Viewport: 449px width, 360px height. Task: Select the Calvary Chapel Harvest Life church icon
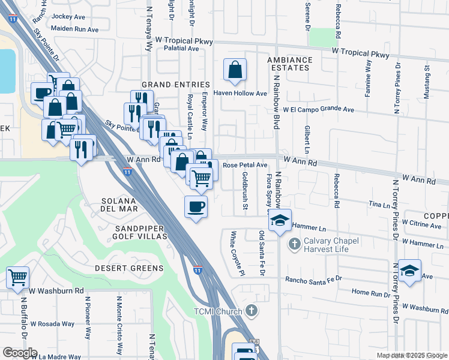(294, 244)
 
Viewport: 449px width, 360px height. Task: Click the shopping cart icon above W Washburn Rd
(18, 277)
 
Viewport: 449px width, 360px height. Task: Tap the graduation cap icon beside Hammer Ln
(280, 220)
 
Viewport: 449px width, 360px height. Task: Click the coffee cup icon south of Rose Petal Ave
(196, 207)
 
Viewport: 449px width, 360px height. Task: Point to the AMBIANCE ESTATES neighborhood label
(290, 64)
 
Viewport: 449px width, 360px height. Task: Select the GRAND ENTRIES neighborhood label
(175, 85)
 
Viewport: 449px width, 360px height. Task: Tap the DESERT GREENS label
(129, 268)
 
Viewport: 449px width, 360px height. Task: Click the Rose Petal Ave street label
(245, 165)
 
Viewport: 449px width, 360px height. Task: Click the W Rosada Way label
(53, 324)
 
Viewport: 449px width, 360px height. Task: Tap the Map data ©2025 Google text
(412, 355)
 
